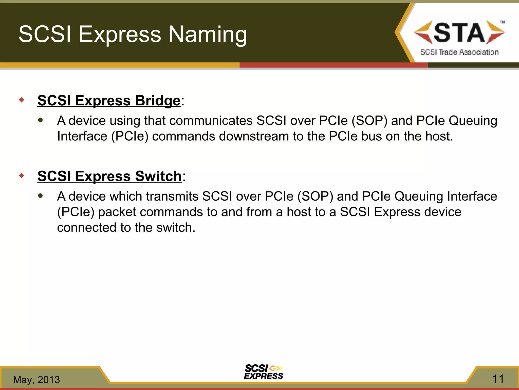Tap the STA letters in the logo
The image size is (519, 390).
pos(459,32)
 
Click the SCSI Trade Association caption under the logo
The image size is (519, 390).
pos(459,52)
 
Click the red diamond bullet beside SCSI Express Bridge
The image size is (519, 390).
pos(22,100)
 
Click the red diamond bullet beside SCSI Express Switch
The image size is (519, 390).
pos(22,175)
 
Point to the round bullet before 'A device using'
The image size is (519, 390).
pos(41,120)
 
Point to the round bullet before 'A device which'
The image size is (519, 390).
pos(41,196)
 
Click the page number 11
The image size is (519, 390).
pos(498,379)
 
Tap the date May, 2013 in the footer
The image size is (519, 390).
pos(36,380)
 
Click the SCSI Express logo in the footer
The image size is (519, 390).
pos(264,372)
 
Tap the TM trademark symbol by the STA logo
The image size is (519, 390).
pos(502,22)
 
